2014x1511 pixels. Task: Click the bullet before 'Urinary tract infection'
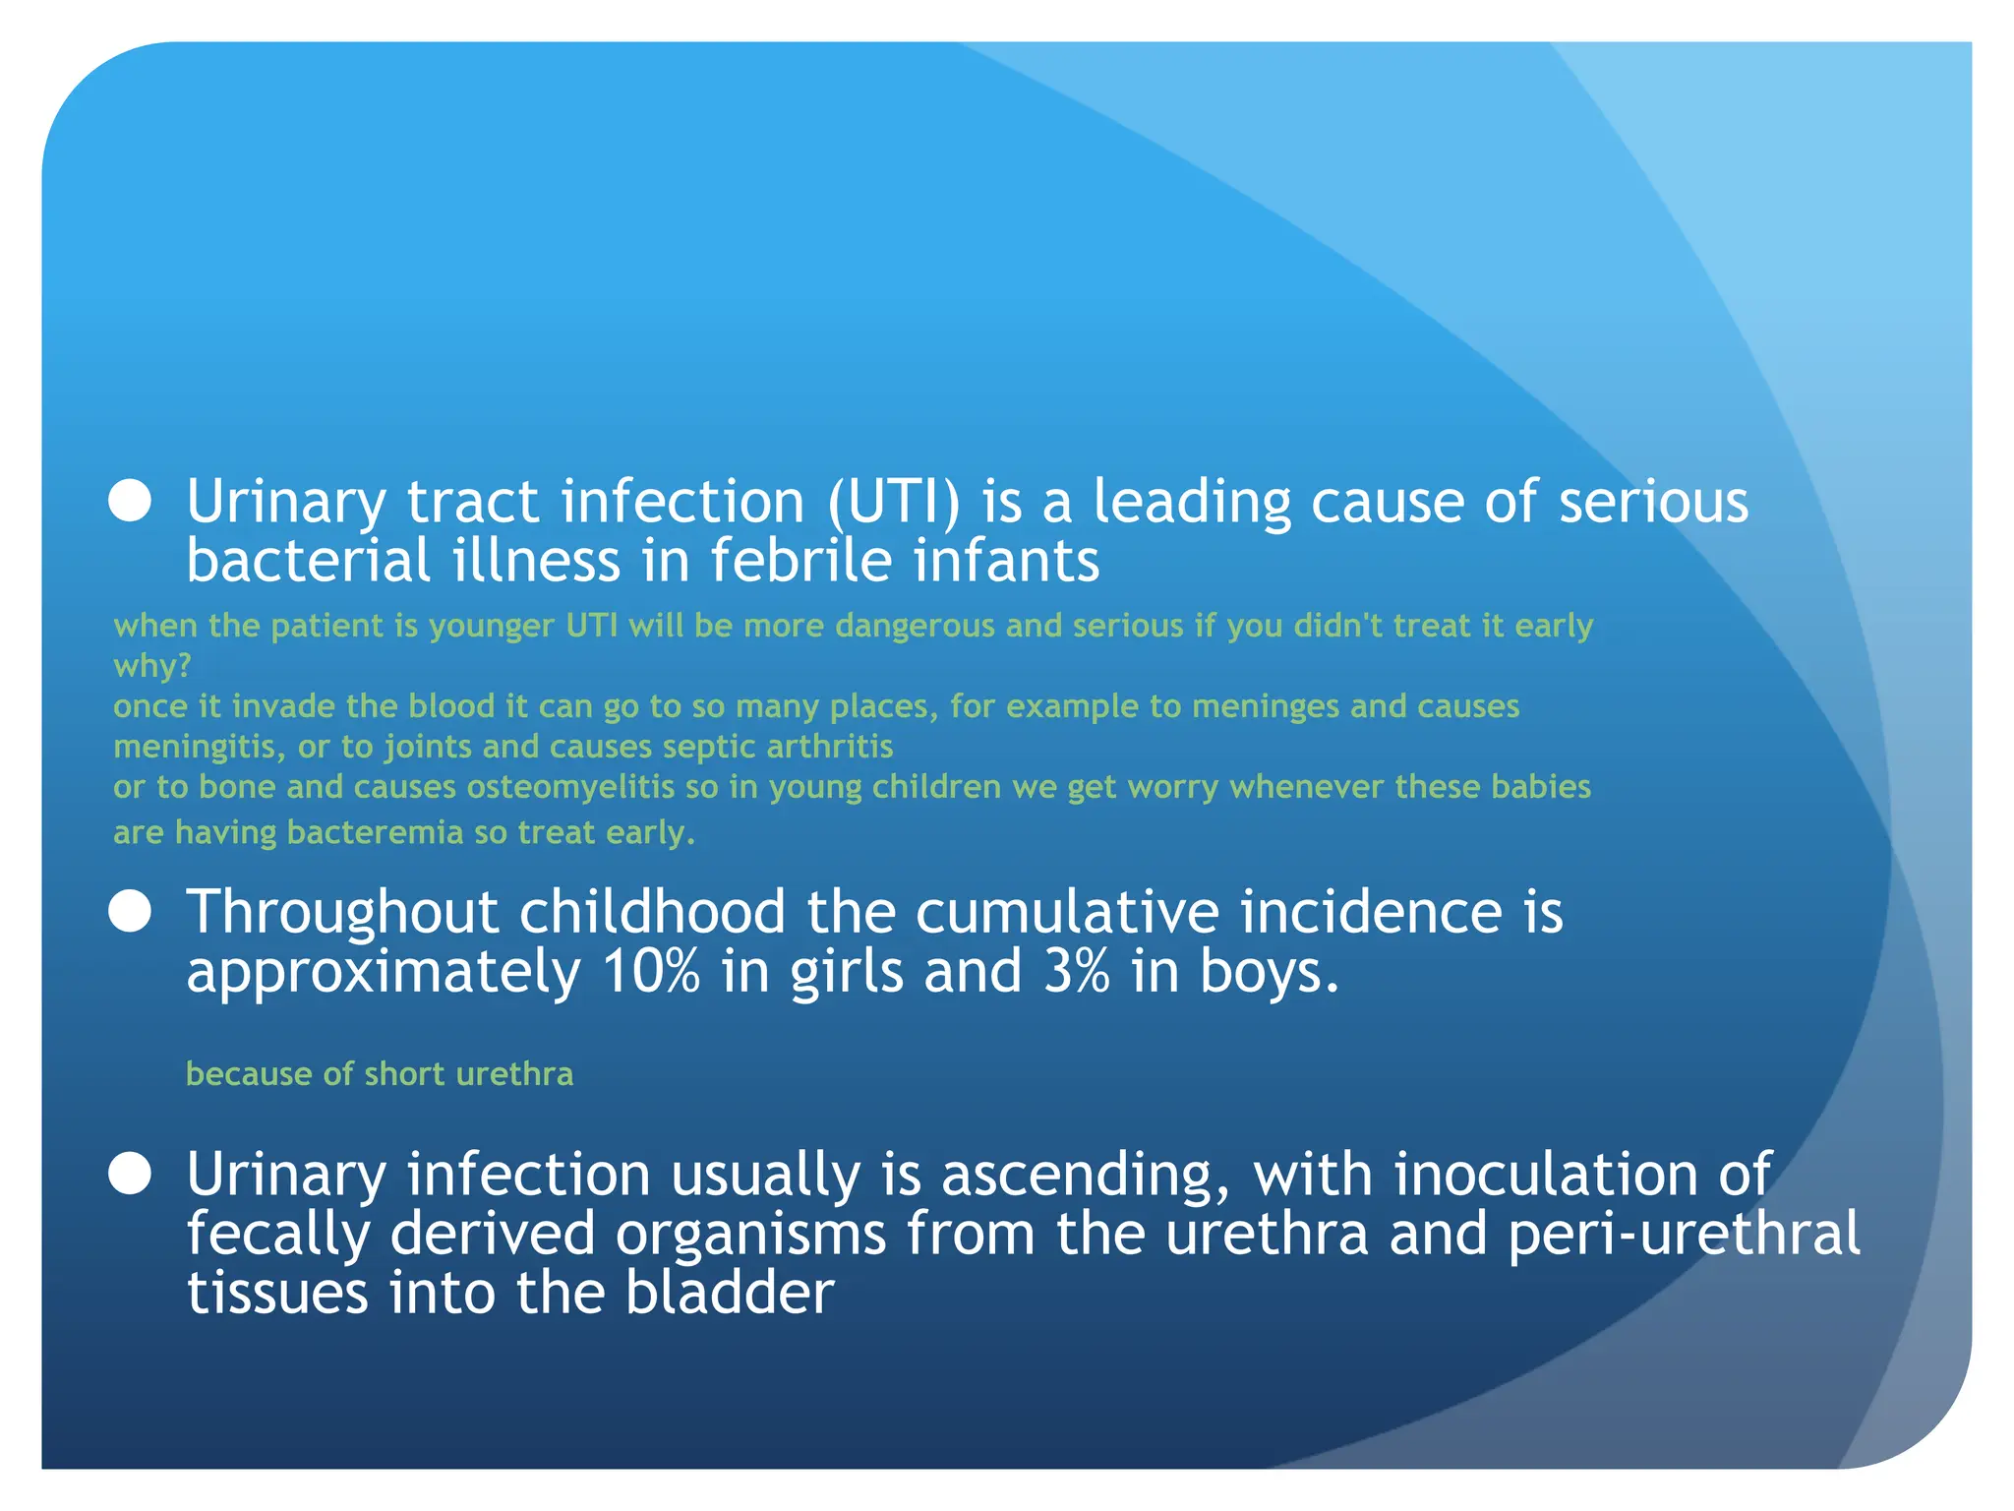tap(130, 501)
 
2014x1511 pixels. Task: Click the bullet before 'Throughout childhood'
tap(130, 911)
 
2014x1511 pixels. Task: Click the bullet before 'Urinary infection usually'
tap(130, 1174)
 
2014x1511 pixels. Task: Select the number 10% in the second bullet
tap(651, 972)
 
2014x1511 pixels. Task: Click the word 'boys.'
tap(1270, 972)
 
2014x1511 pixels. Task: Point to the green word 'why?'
tap(152, 666)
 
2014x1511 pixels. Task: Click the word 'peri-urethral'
tap(1684, 1234)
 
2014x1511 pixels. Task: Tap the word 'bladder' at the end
tap(730, 1293)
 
